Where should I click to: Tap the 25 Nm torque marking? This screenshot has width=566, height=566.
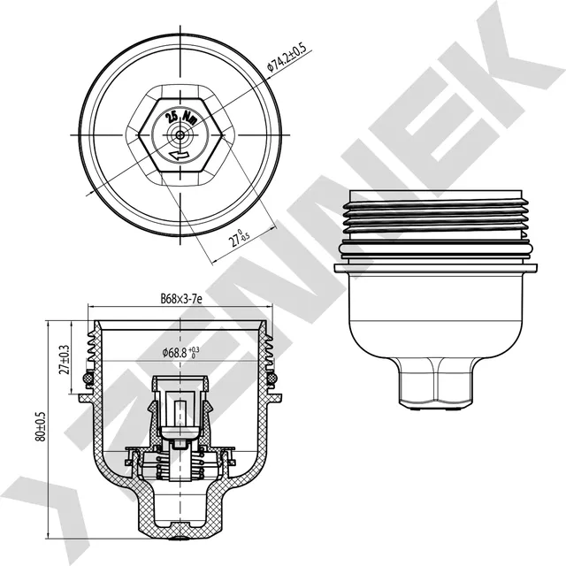click(180, 114)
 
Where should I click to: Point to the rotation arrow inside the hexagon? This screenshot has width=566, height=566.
click(180, 156)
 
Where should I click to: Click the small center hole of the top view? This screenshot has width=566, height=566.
click(180, 134)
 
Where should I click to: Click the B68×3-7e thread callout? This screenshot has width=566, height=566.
click(181, 300)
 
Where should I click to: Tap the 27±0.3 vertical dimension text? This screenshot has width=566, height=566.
click(64, 361)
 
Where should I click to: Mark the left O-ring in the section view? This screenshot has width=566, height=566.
click(87, 379)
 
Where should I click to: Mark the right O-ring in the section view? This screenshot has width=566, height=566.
click(272, 379)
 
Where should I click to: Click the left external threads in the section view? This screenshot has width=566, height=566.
click(91, 349)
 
